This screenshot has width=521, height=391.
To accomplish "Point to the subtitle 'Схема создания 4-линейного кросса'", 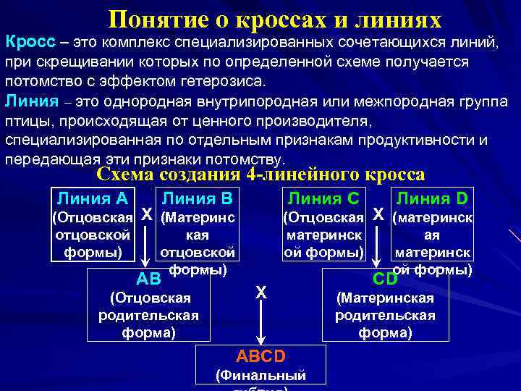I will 260,175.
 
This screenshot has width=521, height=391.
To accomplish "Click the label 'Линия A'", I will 92,198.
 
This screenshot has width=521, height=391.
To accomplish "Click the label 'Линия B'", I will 197,198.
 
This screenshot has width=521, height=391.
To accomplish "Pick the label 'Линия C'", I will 323,198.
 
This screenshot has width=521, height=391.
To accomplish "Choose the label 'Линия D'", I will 433,198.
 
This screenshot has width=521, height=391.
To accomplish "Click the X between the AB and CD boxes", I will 261,292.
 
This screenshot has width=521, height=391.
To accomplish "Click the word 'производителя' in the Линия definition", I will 308,119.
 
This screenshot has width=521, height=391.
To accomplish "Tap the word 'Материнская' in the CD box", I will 386,298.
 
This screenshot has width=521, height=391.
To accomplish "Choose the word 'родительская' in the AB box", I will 148,315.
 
